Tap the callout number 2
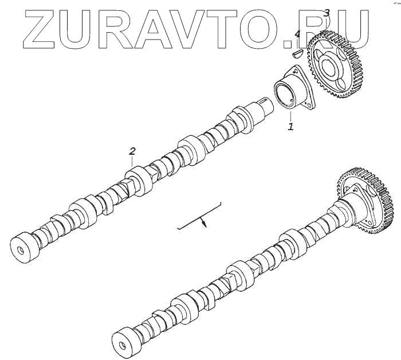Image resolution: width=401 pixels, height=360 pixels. (x=132, y=151)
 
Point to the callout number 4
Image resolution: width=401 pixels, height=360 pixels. (x=297, y=34)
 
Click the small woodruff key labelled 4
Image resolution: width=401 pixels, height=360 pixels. (x=297, y=54)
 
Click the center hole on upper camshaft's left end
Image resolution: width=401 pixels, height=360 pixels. (x=21, y=251)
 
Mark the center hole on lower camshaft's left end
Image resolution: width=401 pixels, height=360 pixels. (x=122, y=345)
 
